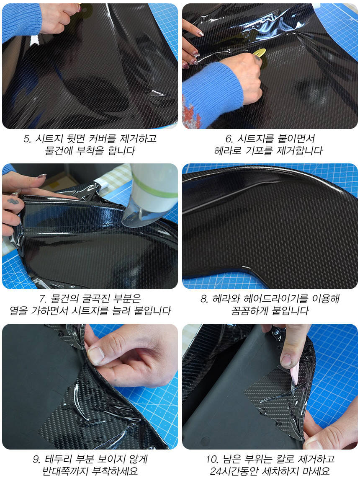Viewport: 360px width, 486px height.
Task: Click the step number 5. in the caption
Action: (x=27, y=139)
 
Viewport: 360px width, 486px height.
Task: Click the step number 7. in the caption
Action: (x=43, y=299)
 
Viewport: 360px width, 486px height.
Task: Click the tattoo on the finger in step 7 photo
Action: (x=13, y=202)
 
